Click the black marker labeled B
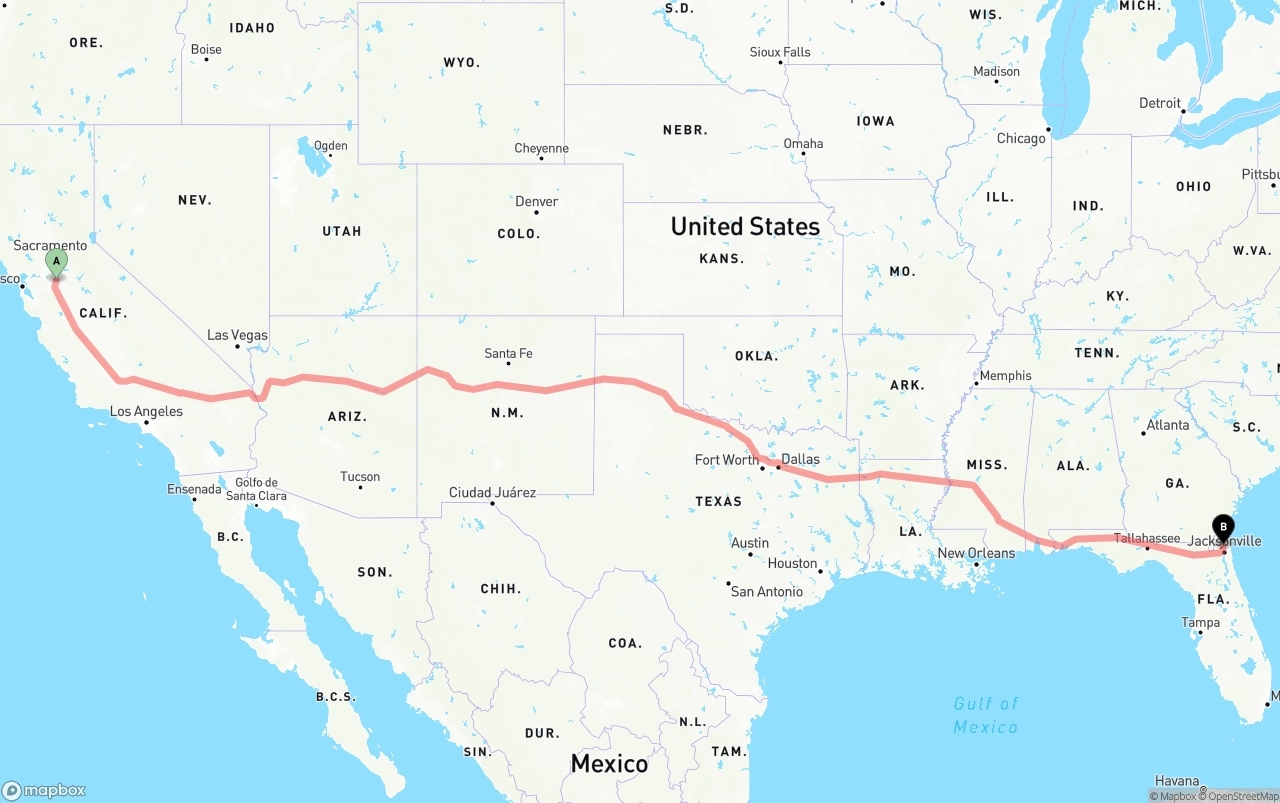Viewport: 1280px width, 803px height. (1222, 527)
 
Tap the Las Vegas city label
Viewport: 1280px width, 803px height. (237, 335)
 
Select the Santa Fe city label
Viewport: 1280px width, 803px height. (508, 353)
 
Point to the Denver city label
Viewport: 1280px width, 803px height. (537, 201)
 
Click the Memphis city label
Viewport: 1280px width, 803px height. (1005, 375)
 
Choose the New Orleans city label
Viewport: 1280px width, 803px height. (976, 553)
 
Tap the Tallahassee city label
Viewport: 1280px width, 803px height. (1147, 538)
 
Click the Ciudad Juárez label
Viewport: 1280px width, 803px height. (492, 492)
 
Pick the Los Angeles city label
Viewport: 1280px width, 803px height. (146, 411)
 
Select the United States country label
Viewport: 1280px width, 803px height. (745, 226)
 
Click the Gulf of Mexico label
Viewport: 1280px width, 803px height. (986, 715)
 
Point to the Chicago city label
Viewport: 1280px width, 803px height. (1021, 138)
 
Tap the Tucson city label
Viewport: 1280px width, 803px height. (360, 476)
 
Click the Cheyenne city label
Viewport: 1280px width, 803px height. (541, 148)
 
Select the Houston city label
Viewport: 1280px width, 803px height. (793, 563)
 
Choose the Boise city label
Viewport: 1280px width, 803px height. (206, 49)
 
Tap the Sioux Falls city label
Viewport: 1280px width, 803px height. (780, 51)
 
